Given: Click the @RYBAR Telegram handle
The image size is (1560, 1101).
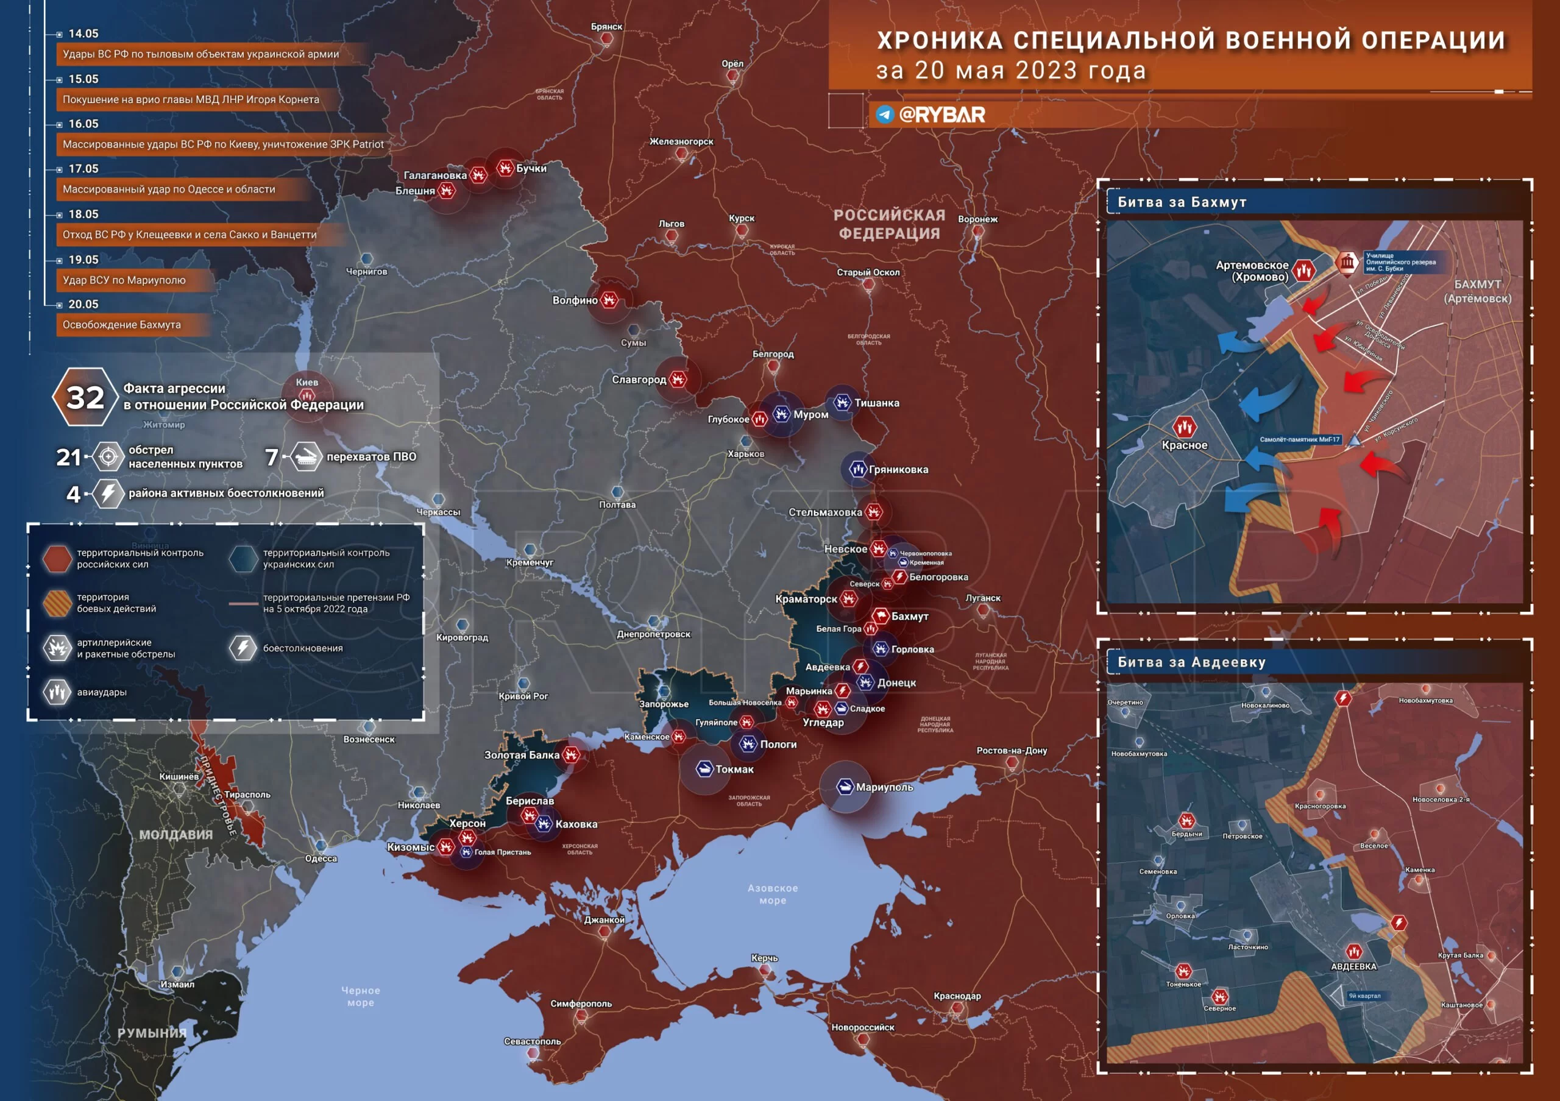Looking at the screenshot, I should coord(941,115).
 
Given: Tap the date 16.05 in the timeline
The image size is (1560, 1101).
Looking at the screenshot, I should coord(83,124).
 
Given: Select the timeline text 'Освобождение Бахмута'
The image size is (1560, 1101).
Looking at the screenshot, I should coord(122,325).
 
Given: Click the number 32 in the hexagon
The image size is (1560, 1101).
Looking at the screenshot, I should coord(85,397).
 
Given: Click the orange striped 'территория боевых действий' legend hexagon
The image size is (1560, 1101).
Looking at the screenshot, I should coord(57,603).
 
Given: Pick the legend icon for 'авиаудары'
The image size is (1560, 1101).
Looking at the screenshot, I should coord(57,692).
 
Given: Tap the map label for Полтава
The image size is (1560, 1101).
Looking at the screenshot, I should coord(617,504).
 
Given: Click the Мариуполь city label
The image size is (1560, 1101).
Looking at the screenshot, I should coord(884,787).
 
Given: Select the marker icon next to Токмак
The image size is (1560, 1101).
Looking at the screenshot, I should coord(704,769).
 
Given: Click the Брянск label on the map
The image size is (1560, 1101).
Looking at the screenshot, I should coord(606,26).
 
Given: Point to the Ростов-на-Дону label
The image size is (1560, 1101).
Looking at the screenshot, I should coord(1011,751).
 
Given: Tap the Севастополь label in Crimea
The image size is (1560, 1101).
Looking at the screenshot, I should coord(532,1041).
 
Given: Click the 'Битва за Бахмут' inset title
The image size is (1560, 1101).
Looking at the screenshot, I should coord(1182,202).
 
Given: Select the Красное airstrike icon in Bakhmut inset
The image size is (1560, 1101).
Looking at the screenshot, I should coord(1184,427).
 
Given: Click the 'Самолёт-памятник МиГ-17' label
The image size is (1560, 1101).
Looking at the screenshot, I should coord(1299,439).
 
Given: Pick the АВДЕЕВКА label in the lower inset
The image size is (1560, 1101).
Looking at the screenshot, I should coord(1353,966).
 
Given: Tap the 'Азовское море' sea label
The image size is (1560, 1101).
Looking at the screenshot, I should coord(773,894).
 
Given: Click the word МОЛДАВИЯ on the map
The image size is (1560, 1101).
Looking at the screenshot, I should coord(176,835).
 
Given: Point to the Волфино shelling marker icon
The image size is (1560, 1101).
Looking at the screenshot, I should coord(609,300).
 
